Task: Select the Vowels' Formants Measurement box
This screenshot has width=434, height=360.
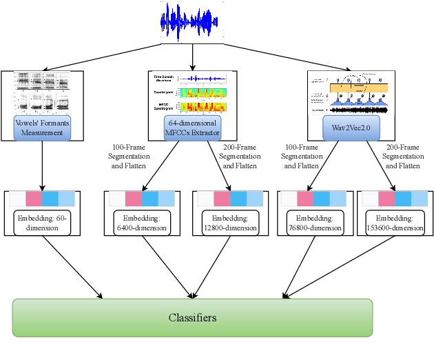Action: tap(43, 126)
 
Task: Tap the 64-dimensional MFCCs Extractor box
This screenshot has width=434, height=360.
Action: tap(192, 126)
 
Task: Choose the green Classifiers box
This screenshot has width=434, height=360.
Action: tap(193, 317)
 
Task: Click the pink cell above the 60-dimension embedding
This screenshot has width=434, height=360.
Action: tap(34, 199)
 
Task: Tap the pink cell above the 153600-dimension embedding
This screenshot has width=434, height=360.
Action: tap(386, 199)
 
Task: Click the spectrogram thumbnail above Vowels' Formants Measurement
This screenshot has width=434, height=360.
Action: tap(43, 93)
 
